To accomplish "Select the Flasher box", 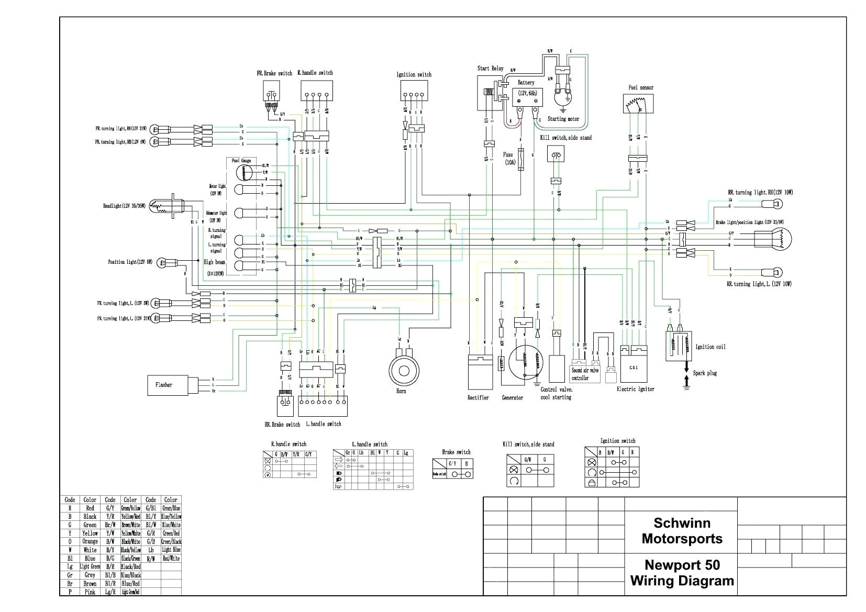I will coord(168,385).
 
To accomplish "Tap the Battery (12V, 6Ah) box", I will coord(527,97).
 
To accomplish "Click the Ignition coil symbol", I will coord(678,346).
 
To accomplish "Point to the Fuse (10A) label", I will coord(509,158).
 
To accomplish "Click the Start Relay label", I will coord(490,68).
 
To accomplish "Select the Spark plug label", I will coord(705,373).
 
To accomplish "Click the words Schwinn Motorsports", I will coord(682,531).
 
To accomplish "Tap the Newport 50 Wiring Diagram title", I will coord(682,573).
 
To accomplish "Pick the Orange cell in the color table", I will coord(90,541).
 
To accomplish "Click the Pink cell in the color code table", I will coord(90,592).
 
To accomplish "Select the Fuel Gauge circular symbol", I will coord(244,172).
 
